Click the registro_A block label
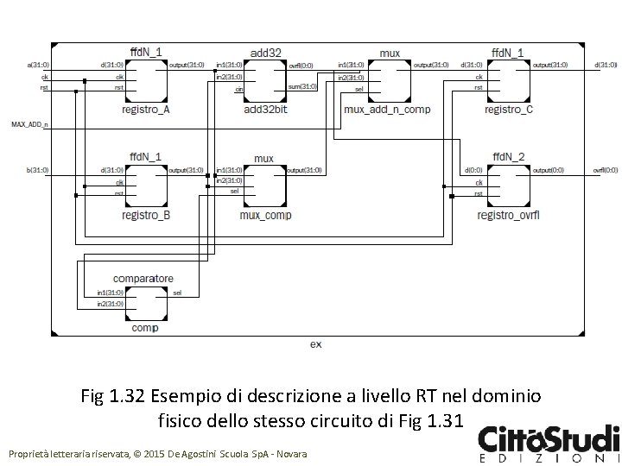click(145, 110)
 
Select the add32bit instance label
click(264, 110)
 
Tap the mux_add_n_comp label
click(387, 110)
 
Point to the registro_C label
click(508, 110)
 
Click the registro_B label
click(145, 215)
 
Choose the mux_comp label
click(265, 215)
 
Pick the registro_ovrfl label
click(508, 215)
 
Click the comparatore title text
click(143, 279)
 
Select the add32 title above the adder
click(264, 53)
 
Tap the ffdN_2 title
click(508, 156)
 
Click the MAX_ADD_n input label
click(30, 125)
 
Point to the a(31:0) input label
click(38, 65)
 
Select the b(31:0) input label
click(38, 170)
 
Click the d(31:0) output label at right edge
click(606, 65)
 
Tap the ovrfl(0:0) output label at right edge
click(605, 170)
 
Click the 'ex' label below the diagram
click(315, 343)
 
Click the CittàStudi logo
click(549, 442)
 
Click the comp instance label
click(143, 328)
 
